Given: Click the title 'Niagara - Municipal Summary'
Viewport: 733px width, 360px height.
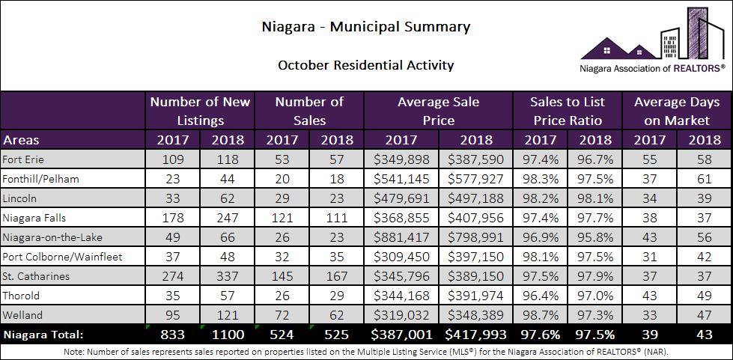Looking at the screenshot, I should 366,27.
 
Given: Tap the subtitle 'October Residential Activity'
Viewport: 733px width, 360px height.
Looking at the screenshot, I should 366,65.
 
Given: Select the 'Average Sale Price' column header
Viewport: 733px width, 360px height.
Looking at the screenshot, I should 438,111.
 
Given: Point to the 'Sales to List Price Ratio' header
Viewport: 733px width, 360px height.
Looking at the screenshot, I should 567,111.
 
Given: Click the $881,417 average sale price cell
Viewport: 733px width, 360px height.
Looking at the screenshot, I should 401,237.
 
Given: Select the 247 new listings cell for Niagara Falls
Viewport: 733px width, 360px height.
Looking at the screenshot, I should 228,218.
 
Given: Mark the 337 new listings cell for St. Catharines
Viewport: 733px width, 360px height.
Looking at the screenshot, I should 228,276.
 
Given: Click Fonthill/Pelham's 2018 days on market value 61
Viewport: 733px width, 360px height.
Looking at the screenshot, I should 705,179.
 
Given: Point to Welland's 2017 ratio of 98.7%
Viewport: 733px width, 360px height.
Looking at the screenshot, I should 540,315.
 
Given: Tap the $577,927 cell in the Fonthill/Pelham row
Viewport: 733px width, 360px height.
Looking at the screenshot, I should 475,179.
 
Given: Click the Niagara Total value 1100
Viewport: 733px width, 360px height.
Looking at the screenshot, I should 228,335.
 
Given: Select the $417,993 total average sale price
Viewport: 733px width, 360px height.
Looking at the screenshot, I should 475,335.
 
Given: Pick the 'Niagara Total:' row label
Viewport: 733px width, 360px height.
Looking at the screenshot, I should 43,335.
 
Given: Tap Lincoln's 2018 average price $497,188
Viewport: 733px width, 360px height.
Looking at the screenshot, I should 475,198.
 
